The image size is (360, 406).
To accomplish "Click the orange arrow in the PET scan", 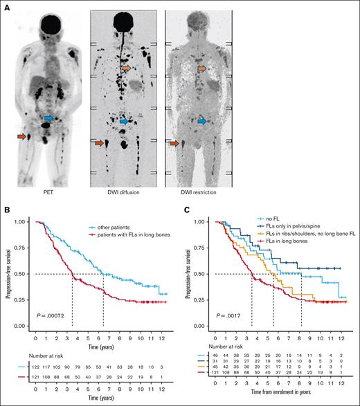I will (x=22, y=138).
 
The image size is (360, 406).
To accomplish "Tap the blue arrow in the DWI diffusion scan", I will (x=124, y=122).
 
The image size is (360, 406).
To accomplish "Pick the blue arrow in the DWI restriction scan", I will (x=201, y=121).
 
